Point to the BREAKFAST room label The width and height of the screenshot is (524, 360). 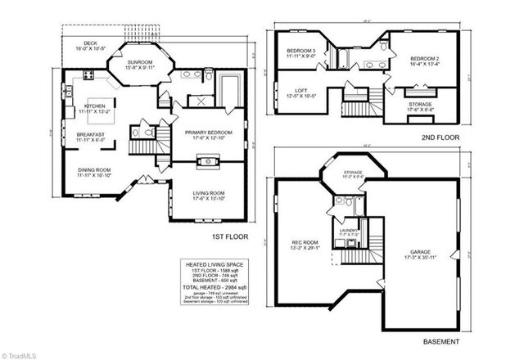pyautogui.click(x=90, y=136)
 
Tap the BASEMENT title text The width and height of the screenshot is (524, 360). pyautogui.click(x=440, y=340)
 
